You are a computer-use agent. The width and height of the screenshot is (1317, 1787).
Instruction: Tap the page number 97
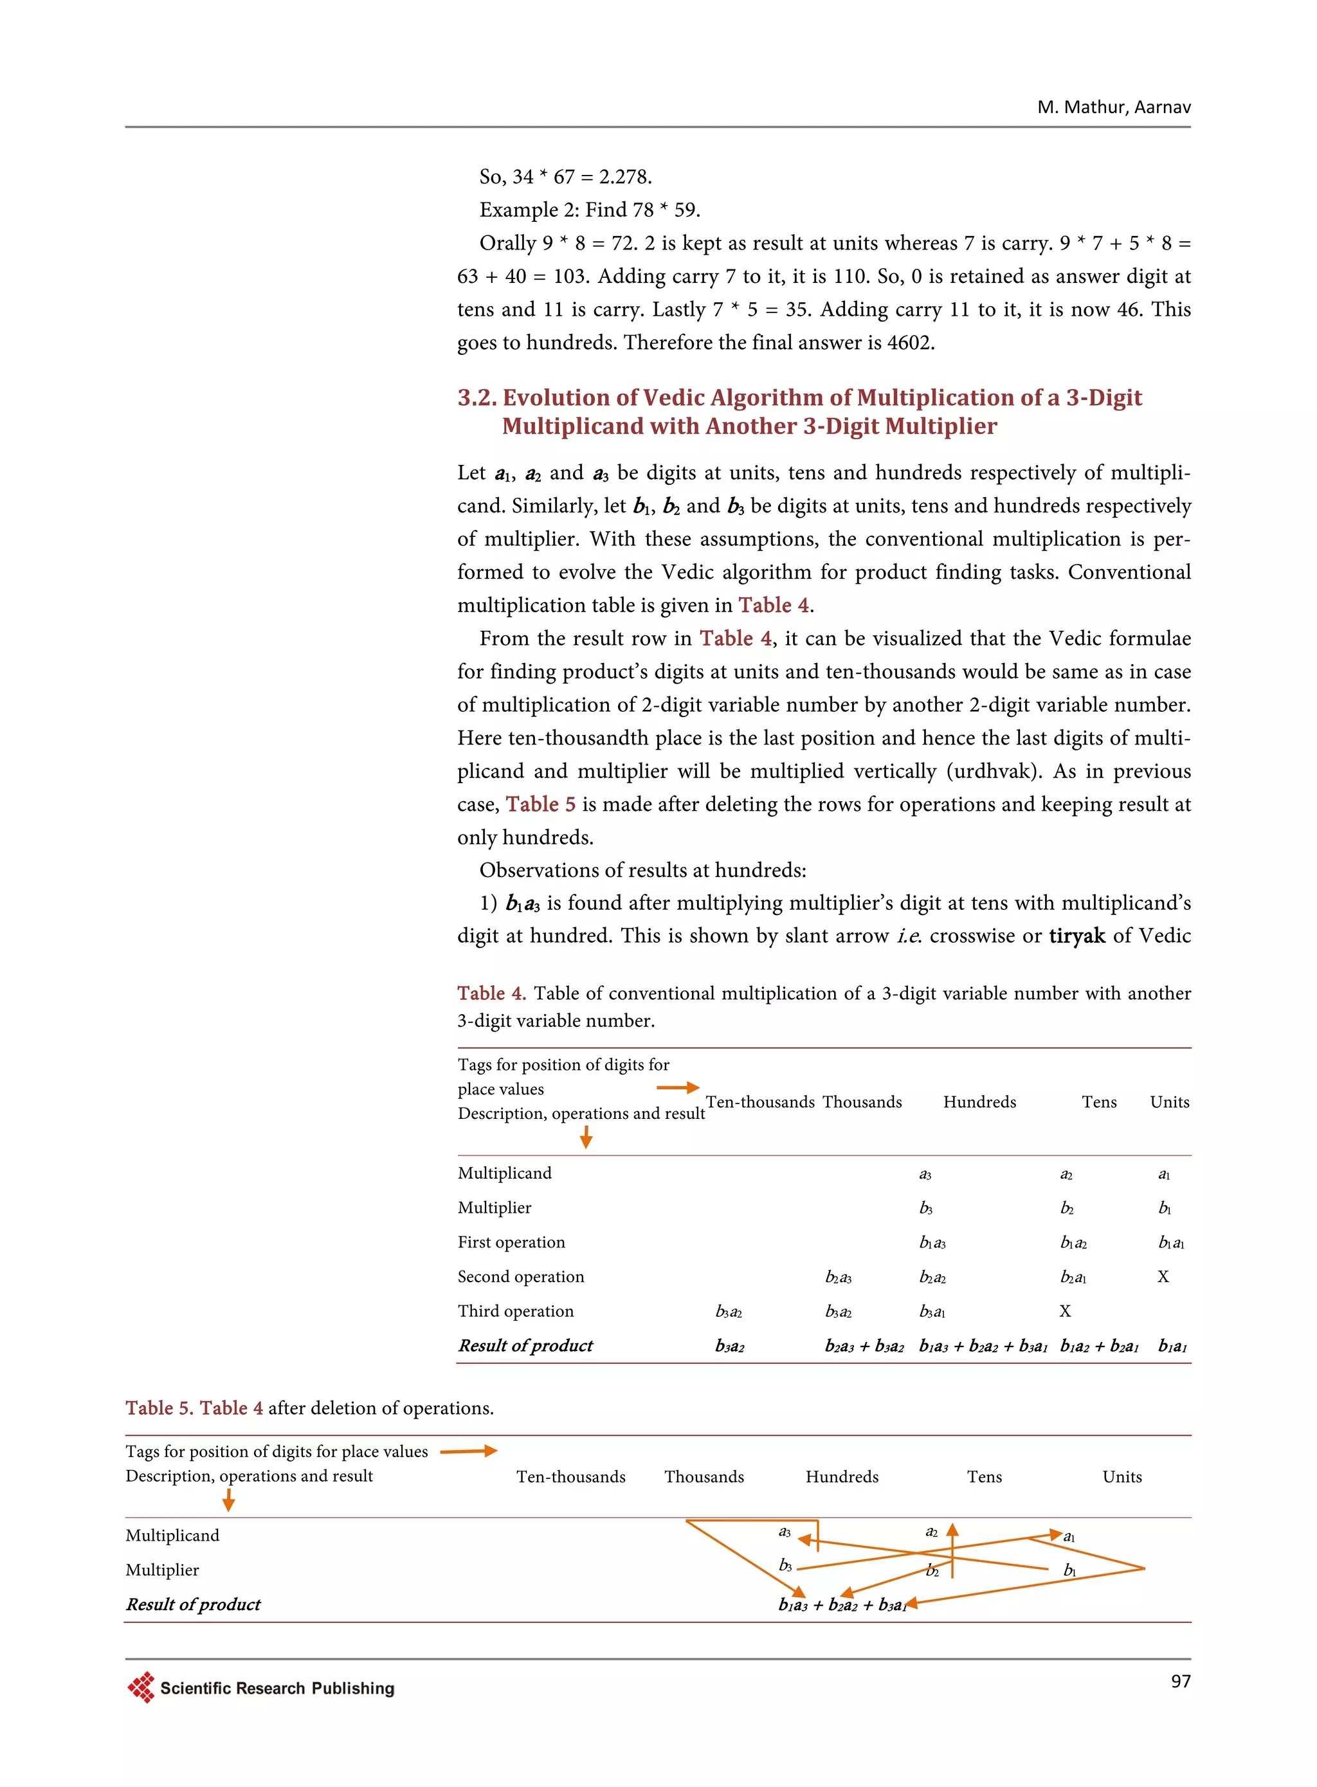click(x=1180, y=1681)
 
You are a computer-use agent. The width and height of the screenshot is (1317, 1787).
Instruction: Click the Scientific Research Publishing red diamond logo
click(x=141, y=1687)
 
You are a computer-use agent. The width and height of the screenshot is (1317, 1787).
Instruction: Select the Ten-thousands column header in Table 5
click(x=571, y=1476)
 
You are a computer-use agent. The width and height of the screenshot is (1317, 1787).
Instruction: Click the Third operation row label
click(x=515, y=1311)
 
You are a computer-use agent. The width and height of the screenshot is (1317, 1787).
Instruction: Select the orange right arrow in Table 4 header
click(x=678, y=1087)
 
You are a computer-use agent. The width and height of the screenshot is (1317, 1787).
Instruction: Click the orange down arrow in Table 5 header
click(x=229, y=1501)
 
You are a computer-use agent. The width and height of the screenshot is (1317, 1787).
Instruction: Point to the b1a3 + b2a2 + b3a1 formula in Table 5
click(x=842, y=1604)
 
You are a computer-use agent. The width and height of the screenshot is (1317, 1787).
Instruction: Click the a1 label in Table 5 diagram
click(x=1069, y=1537)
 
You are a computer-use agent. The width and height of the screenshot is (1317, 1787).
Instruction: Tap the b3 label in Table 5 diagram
click(x=785, y=1565)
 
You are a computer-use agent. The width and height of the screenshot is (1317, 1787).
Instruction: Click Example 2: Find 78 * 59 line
click(x=589, y=210)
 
